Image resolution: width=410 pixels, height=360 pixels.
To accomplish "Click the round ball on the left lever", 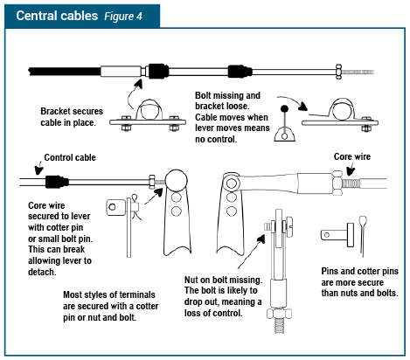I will (172, 181).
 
